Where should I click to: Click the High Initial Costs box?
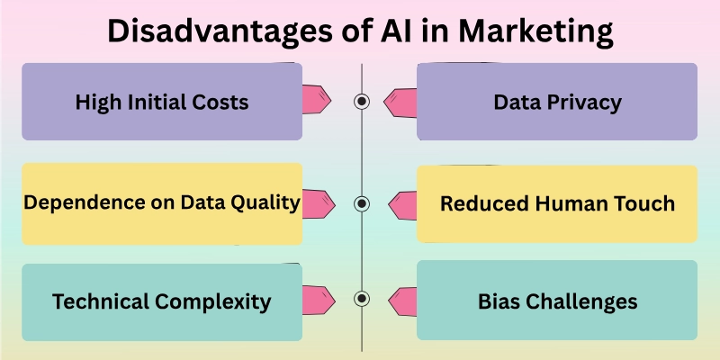(x=162, y=102)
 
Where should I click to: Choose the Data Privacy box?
(x=557, y=102)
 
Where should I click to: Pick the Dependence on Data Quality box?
(x=162, y=203)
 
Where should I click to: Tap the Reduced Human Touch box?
(x=557, y=203)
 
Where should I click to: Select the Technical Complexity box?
(x=162, y=301)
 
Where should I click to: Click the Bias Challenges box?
(x=557, y=301)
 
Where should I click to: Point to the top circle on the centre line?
(x=362, y=102)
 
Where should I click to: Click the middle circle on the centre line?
(x=362, y=203)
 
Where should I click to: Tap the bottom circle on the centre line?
(x=362, y=299)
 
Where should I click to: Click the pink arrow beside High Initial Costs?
(x=318, y=99)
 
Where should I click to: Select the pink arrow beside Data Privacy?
(x=402, y=103)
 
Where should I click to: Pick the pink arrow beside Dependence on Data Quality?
(x=318, y=202)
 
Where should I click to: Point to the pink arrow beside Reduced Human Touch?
(x=402, y=204)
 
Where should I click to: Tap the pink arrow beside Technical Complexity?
(x=318, y=298)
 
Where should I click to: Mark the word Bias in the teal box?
(x=499, y=301)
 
